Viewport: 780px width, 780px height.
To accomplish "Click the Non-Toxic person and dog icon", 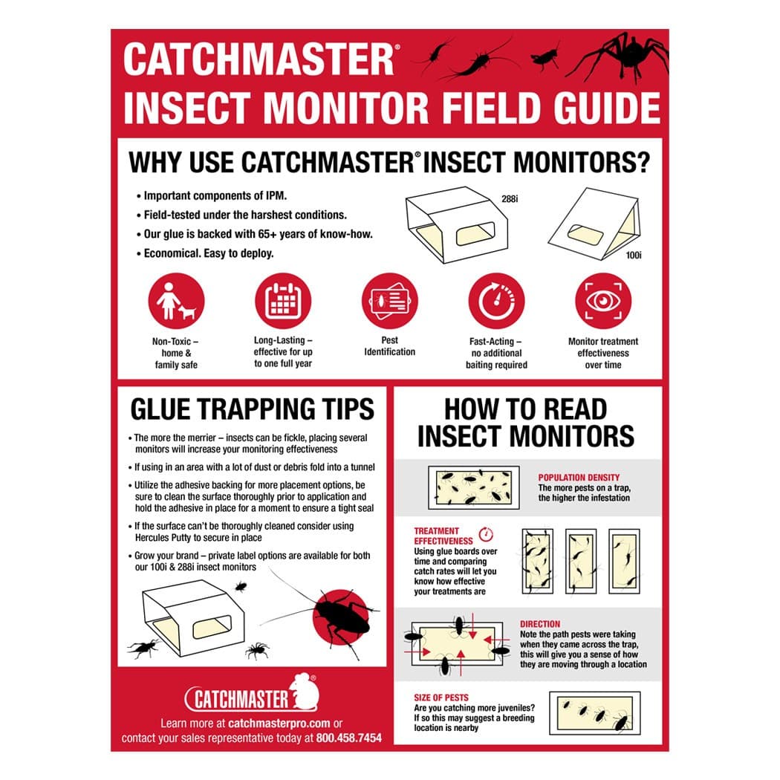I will (176, 301).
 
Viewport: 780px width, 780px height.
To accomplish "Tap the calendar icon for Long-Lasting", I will (282, 301).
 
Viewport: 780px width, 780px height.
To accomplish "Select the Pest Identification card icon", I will (389, 301).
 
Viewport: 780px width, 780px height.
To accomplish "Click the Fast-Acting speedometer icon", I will (496, 301).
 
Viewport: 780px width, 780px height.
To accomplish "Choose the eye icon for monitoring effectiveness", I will (603, 301).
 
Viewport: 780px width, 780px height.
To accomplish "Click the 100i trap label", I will (634, 254).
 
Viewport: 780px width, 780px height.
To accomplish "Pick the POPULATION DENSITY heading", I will (579, 478).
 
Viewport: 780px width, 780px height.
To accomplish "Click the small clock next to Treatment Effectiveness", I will (487, 533).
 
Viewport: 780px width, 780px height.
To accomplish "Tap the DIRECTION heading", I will (540, 624).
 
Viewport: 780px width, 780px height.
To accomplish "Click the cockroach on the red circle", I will (340, 611).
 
